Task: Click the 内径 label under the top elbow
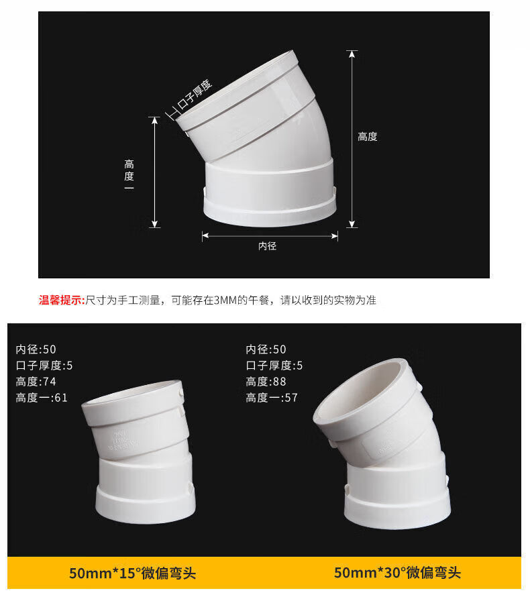[x=267, y=246]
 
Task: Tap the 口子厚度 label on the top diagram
[x=194, y=95]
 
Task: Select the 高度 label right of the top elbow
[x=368, y=137]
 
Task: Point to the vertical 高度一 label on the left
[x=129, y=175]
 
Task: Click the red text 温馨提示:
[x=62, y=300]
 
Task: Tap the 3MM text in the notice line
[x=225, y=300]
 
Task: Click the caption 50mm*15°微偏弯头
[x=132, y=573]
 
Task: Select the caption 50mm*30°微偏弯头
[x=397, y=573]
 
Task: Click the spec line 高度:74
[x=36, y=382]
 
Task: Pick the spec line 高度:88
[x=266, y=382]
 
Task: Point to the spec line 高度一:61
[x=42, y=398]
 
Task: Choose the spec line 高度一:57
[x=272, y=398]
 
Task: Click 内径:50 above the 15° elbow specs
[x=36, y=349]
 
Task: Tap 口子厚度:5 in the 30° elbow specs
[x=274, y=366]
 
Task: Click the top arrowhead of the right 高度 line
[x=352, y=54]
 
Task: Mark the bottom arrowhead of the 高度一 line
[x=154, y=224]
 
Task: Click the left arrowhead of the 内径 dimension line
[x=205, y=235]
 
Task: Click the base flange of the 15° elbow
[x=146, y=504]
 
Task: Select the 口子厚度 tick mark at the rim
[x=172, y=114]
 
